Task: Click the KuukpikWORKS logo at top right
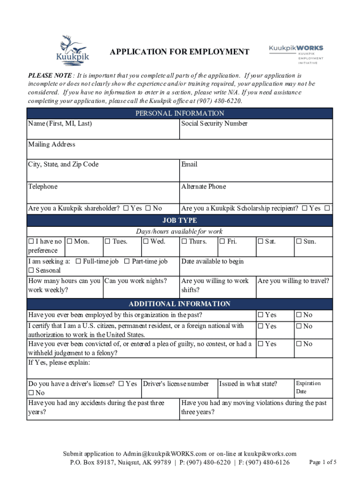[x=295, y=53]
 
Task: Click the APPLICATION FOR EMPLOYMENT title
[x=180, y=52]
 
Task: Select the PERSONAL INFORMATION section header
[x=180, y=113]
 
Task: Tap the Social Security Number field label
[x=214, y=123]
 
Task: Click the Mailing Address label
[x=51, y=145]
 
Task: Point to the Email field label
[x=189, y=164]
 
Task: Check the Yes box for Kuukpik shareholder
[x=126, y=209]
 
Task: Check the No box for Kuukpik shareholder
[x=148, y=209]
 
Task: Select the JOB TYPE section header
[x=180, y=220]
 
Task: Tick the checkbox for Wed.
[x=146, y=242]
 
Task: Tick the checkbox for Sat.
[x=261, y=242]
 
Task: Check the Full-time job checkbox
[x=78, y=261]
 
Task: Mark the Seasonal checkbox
[x=31, y=271]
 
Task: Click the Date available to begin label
[x=212, y=261]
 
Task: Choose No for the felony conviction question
[x=299, y=344]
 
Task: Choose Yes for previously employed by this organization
[x=261, y=315]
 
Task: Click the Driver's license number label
[x=176, y=384]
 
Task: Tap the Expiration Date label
[x=308, y=387]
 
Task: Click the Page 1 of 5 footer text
[x=323, y=462]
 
